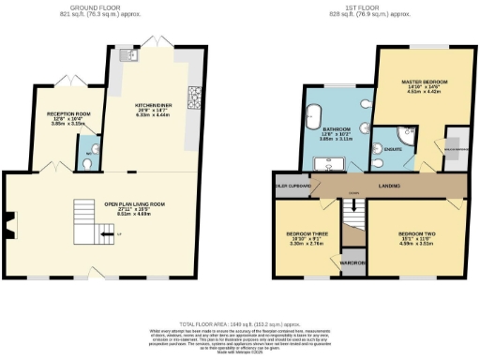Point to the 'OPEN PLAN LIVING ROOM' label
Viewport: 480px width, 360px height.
[134, 203]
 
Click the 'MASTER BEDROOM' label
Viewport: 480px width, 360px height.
[420, 82]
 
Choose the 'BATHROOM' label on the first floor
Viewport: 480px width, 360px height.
[336, 128]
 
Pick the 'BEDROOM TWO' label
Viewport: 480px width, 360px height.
[415, 232]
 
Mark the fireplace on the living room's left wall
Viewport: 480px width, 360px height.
[9, 223]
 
